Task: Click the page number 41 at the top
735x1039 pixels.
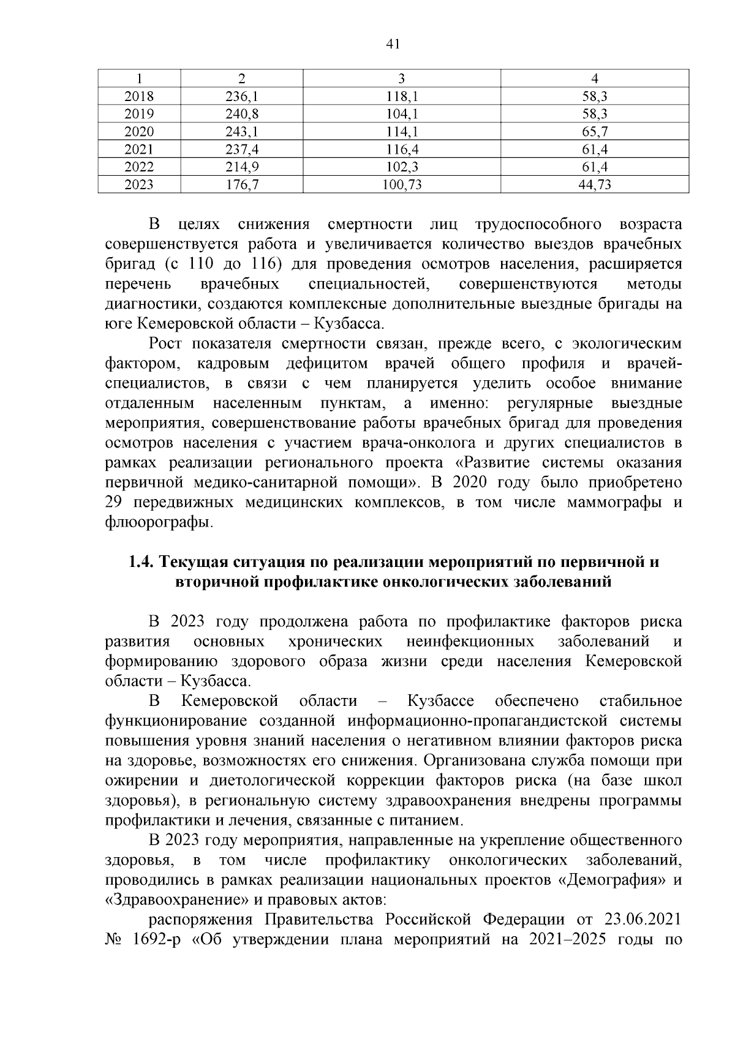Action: click(x=393, y=43)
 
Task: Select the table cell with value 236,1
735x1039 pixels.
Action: click(x=241, y=96)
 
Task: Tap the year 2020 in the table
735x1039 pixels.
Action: click(x=139, y=132)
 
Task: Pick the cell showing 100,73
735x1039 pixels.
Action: click(x=402, y=185)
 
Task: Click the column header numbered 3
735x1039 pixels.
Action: click(x=402, y=78)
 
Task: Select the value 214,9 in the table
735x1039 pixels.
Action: click(x=241, y=167)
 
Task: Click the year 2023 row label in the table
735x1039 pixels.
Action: click(x=139, y=185)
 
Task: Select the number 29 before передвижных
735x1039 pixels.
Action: click(x=115, y=502)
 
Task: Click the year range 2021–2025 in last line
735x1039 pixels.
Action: click(x=563, y=939)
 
